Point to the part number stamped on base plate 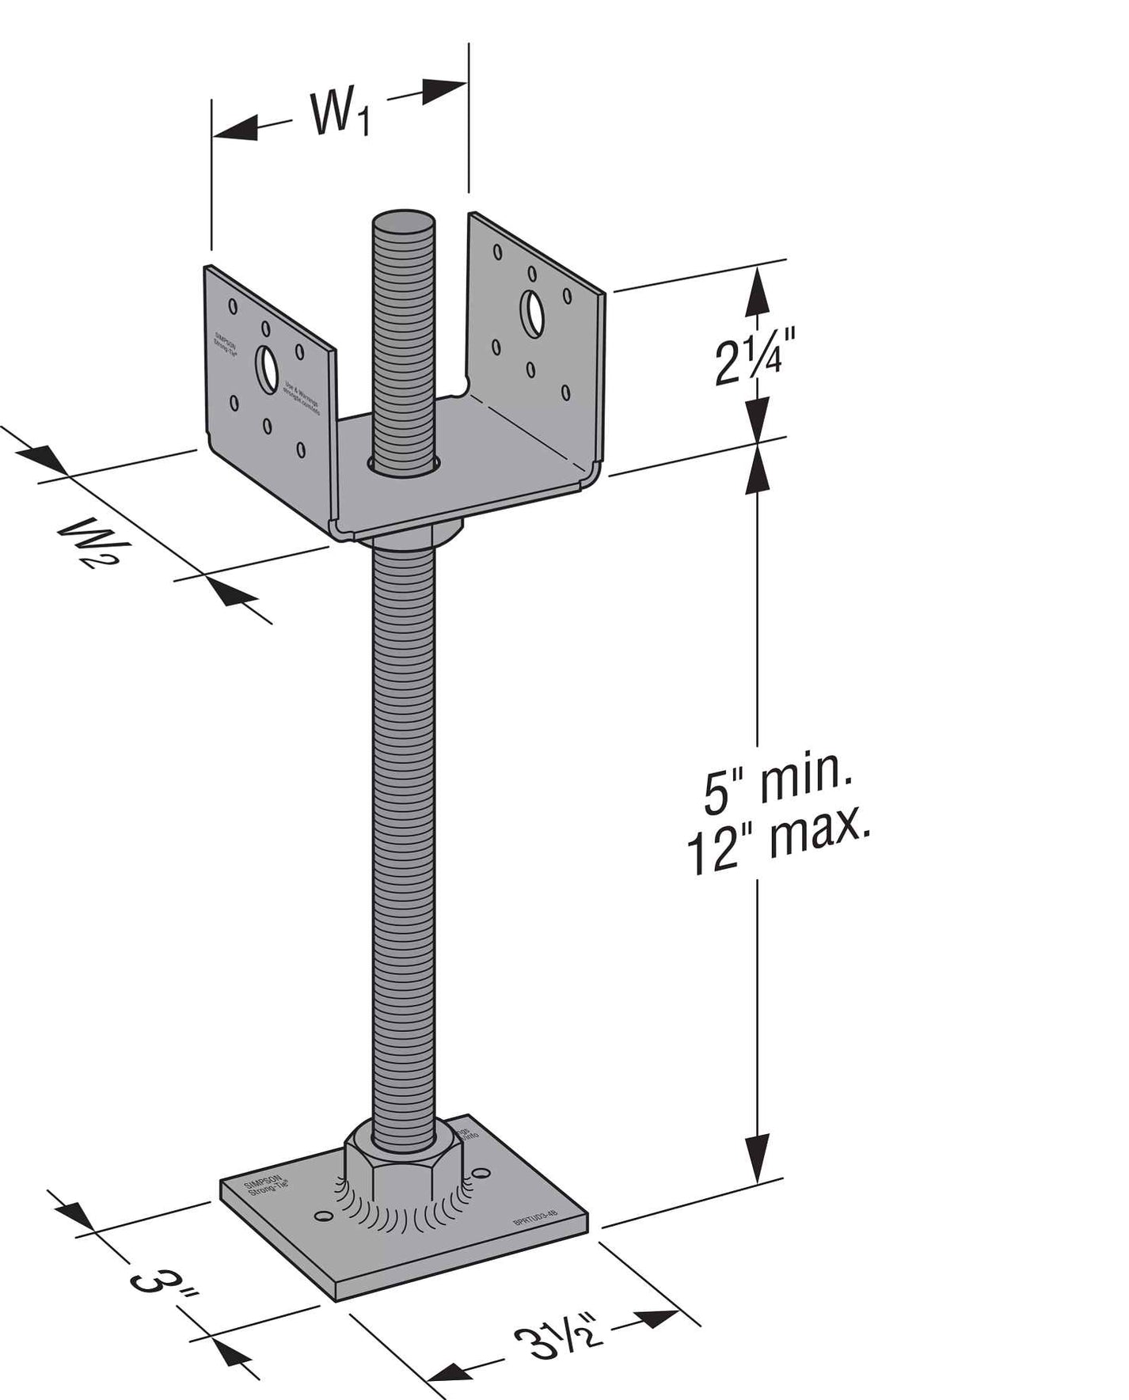pos(541,1220)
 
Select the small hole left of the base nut pos(322,1214)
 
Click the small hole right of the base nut pos(481,1173)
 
